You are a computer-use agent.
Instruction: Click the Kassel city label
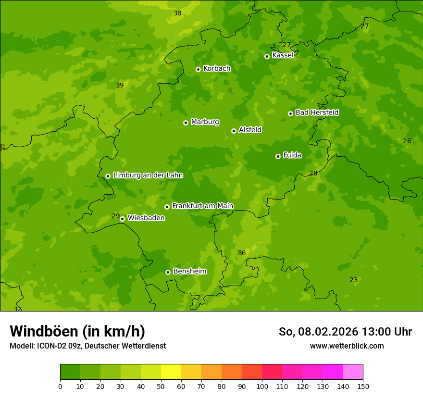(x=283, y=55)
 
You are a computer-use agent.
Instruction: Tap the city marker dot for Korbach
(x=198, y=69)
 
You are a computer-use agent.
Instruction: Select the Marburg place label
(x=205, y=122)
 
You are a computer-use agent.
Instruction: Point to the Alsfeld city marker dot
(x=234, y=131)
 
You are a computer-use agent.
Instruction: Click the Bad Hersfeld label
(x=317, y=112)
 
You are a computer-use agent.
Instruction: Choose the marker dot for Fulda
(x=278, y=156)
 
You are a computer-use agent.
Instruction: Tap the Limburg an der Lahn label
(x=148, y=175)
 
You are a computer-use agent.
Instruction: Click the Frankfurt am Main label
(x=202, y=206)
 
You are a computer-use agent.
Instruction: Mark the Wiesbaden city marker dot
(x=122, y=219)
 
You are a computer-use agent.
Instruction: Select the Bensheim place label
(x=189, y=272)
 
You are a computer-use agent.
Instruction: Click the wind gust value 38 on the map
(x=177, y=13)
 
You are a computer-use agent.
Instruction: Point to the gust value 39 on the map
(x=120, y=85)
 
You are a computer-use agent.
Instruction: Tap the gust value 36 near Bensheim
(x=242, y=253)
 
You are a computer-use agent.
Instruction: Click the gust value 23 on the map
(x=353, y=280)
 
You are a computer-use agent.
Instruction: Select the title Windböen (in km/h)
(x=77, y=331)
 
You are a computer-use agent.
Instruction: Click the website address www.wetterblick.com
(x=347, y=346)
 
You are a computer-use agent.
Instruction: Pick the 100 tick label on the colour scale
(x=262, y=386)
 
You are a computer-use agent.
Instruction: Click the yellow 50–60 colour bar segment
(x=171, y=372)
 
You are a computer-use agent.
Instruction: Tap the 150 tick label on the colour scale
(x=363, y=386)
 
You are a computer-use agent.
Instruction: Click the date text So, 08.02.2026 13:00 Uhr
(x=345, y=332)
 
